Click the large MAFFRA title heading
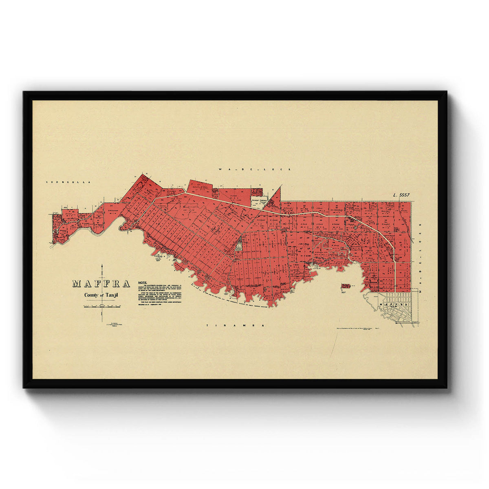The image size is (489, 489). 101,284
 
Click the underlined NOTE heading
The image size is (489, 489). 143,282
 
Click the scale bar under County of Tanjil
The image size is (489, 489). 100,305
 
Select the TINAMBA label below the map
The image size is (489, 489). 236,326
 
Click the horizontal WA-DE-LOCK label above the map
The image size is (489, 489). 253,169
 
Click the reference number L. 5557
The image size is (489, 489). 398,195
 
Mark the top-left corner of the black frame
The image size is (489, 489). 24,92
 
